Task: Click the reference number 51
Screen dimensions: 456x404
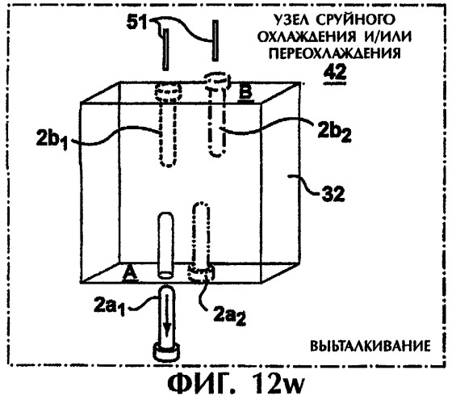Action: tap(137, 22)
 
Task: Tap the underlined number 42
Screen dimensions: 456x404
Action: tap(335, 72)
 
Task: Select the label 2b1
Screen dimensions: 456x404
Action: tap(52, 139)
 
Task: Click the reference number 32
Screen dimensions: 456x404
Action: tap(333, 194)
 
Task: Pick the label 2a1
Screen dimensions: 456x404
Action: tap(109, 305)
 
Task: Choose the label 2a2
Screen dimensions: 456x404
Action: tap(229, 315)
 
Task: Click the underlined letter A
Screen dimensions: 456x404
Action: tap(129, 275)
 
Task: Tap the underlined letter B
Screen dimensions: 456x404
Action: tap(245, 93)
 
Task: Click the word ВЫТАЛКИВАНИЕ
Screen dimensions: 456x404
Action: tap(370, 347)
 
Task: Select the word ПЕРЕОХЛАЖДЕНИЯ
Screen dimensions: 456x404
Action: tap(335, 53)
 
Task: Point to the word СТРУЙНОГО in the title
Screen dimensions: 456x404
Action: tap(356, 19)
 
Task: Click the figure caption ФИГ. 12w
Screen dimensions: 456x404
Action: tap(236, 384)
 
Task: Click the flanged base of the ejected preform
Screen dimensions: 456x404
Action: tap(166, 352)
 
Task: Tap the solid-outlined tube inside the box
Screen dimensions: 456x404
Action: tap(165, 245)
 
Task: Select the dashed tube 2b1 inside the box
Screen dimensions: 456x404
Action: tap(169, 124)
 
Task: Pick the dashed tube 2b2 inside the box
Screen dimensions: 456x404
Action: tap(216, 115)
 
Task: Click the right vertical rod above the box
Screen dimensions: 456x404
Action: tap(215, 40)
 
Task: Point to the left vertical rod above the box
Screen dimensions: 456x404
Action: tap(165, 49)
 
